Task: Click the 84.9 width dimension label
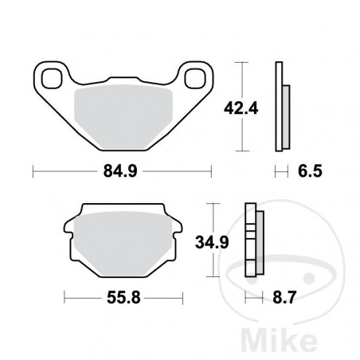(120, 170)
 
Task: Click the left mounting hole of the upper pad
(53, 78)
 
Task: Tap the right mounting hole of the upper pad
(192, 78)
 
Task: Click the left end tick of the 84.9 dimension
(33, 170)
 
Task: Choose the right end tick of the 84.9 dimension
(212, 170)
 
